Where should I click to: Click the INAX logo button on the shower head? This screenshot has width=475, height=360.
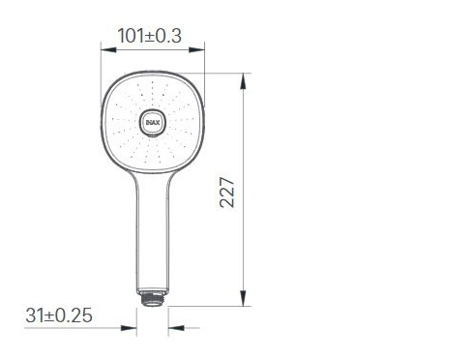pyautogui.click(x=152, y=122)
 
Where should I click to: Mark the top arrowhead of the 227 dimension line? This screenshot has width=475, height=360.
pyautogui.click(x=242, y=76)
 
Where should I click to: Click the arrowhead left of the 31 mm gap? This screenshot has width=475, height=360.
pyautogui.click(x=132, y=327)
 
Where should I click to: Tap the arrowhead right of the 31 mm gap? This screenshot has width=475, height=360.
pyautogui.click(x=171, y=327)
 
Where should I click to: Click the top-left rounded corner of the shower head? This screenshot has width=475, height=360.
pyautogui.click(x=109, y=82)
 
